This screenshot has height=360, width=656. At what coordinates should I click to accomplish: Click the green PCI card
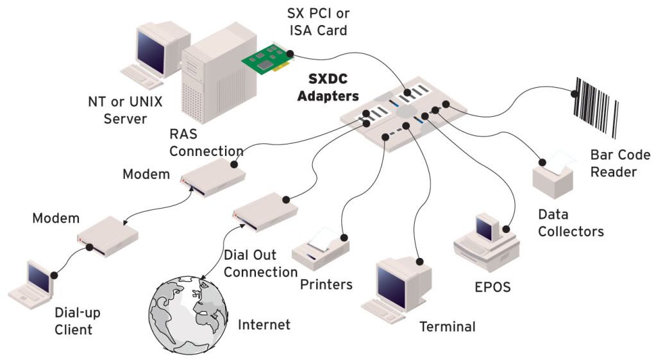268,60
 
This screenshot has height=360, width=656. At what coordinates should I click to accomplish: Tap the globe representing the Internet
189,316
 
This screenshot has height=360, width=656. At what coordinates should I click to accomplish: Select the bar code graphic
594,107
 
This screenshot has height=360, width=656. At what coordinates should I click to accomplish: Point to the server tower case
219,74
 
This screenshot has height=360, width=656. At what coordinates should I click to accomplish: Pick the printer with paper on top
321,248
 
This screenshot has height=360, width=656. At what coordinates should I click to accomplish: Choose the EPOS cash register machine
486,243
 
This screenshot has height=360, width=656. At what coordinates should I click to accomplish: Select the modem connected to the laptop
108,237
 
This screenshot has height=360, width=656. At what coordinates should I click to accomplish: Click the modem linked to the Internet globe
265,211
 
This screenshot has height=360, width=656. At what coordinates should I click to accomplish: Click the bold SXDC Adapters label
328,87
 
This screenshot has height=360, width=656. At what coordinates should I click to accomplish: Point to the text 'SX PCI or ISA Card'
318,22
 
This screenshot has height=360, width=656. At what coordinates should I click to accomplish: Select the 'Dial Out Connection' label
260,263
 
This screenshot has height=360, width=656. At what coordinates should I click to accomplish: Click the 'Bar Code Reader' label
620,163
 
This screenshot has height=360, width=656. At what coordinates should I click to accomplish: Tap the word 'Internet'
264,325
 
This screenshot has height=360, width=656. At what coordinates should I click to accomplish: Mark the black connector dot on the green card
289,53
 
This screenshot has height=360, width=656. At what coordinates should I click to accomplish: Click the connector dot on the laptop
54,275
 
